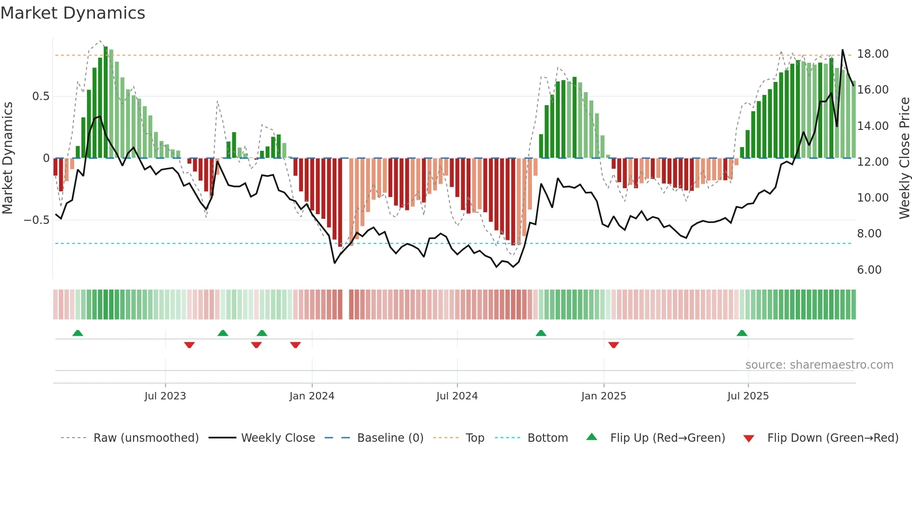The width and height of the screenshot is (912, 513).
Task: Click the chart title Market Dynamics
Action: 73,13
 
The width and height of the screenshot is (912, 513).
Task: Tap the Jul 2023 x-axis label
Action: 165,396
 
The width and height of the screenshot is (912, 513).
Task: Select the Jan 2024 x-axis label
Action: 311,396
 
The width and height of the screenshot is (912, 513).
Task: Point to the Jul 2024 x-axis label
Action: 456,396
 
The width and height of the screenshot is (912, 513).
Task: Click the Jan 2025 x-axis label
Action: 603,396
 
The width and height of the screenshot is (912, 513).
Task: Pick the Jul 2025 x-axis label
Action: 748,396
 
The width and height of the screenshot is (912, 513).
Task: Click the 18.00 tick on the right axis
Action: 872,54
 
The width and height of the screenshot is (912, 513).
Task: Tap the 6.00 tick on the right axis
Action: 869,270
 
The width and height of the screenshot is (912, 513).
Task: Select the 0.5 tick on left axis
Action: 40,96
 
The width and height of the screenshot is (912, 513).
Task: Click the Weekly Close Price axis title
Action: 904,158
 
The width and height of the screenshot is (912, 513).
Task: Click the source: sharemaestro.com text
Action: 819,365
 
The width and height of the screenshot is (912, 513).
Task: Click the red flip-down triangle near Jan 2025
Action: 613,345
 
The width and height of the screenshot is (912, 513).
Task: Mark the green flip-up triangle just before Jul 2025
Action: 742,333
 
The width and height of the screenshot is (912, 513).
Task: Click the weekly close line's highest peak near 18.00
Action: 842,50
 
